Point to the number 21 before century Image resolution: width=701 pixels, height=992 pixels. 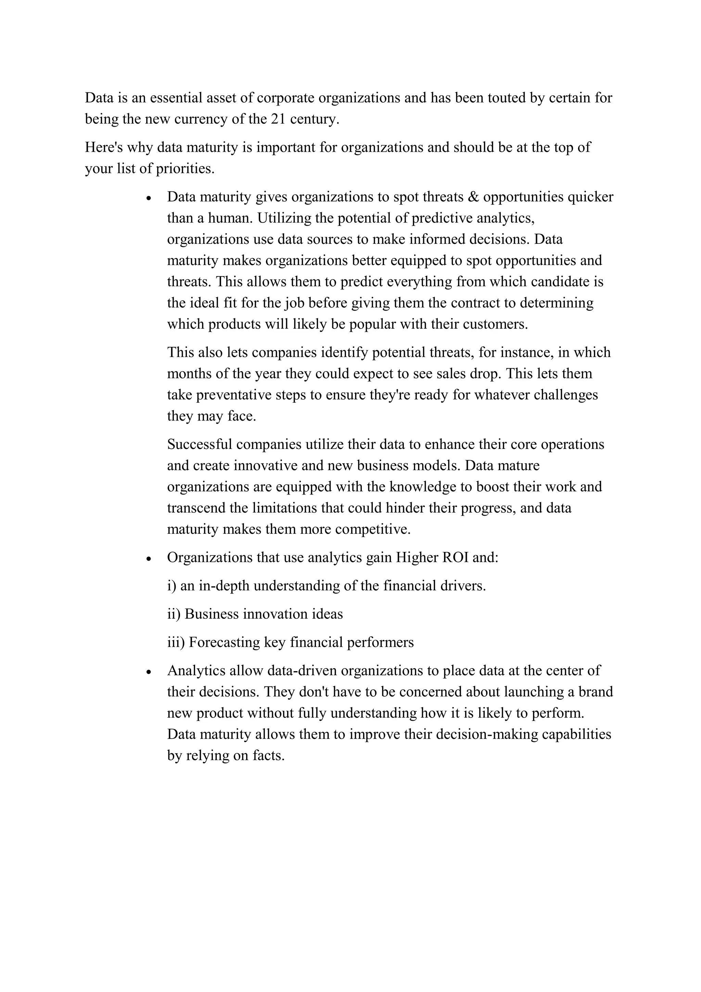pos(279,119)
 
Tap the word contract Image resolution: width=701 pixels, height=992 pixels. pos(475,303)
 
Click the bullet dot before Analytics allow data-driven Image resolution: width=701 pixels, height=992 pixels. pos(149,672)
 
